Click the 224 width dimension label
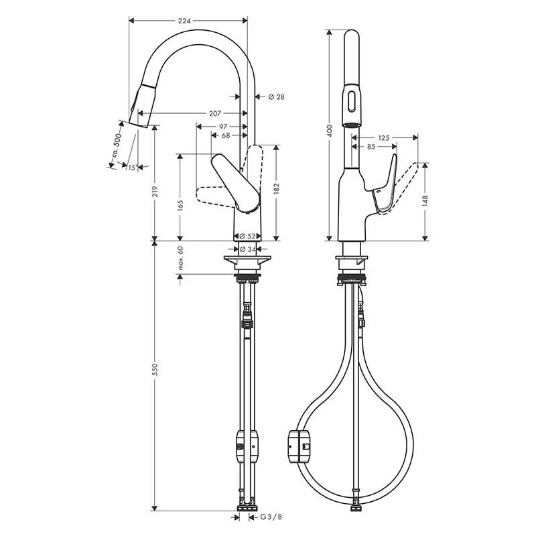pos(184,21)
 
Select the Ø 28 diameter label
pos(276,97)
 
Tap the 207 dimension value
pos(214,113)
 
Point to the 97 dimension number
pos(223,127)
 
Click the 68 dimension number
pos(226,136)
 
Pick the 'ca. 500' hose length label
pos(117,145)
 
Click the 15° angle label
pos(133,167)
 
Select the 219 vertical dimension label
pos(155,192)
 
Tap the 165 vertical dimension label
pos(180,205)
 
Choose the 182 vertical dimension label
pos(276,189)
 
